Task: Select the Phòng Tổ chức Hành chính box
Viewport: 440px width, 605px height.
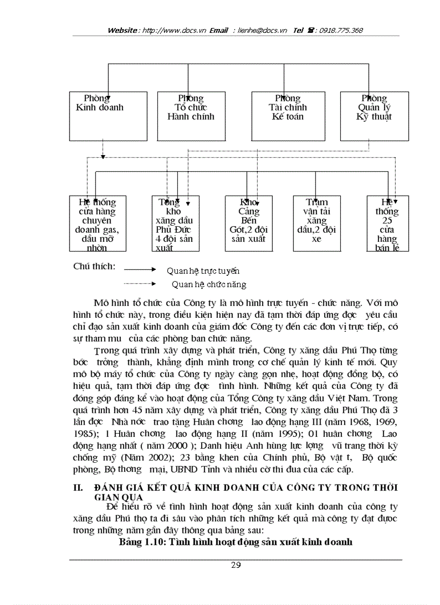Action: pyautogui.click(x=191, y=116)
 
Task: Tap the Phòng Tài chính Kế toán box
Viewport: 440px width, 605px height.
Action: pyautogui.click(x=287, y=116)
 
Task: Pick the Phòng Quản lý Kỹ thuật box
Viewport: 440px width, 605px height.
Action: pyautogui.click(x=374, y=116)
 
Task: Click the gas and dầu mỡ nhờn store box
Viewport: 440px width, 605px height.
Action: pyautogui.click(x=97, y=224)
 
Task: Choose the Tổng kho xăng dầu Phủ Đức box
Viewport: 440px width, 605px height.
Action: pyautogui.click(x=173, y=224)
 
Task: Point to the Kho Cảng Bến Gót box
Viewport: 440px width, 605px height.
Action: pyautogui.click(x=249, y=224)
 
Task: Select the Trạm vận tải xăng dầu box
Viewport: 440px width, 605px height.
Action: pyautogui.click(x=316, y=224)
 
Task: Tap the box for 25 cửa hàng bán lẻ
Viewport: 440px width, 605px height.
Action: pyautogui.click(x=387, y=224)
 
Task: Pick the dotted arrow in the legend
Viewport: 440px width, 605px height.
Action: pyautogui.click(x=140, y=283)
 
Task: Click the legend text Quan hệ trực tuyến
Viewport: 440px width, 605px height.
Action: pyautogui.click(x=203, y=270)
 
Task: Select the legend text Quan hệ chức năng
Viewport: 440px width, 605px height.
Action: pyautogui.click(x=209, y=284)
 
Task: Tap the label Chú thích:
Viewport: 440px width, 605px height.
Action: pyautogui.click(x=94, y=267)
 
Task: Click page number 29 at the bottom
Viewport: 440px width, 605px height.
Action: pyautogui.click(x=236, y=565)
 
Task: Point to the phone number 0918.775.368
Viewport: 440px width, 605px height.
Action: pyautogui.click(x=341, y=30)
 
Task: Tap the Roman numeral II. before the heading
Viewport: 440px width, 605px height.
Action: pyautogui.click(x=78, y=488)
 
